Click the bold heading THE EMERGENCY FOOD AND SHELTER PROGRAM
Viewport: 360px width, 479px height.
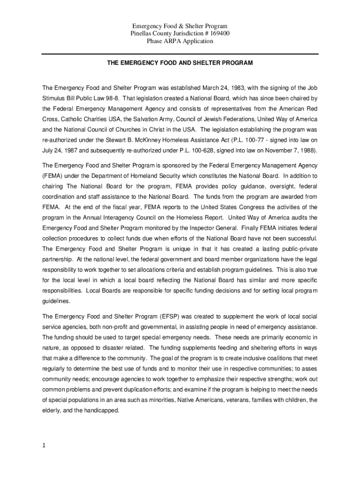[180, 62]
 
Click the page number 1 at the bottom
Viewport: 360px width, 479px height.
[44, 445]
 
